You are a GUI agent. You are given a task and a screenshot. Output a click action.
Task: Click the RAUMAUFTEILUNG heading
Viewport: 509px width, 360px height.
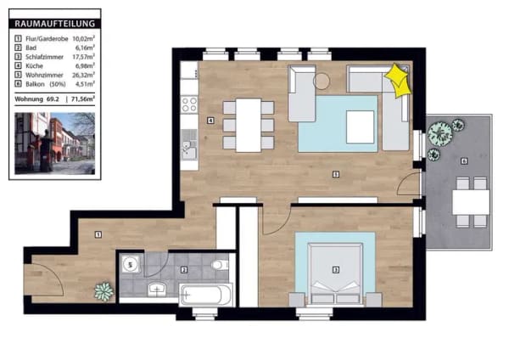point(55,24)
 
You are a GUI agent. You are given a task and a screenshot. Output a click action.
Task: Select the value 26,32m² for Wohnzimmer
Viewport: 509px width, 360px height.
point(83,75)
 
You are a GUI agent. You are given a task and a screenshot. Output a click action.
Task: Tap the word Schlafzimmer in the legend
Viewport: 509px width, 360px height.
point(44,57)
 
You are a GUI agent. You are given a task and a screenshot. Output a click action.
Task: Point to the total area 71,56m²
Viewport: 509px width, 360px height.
point(83,98)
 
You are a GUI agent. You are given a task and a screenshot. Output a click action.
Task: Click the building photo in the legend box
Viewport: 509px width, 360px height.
point(55,143)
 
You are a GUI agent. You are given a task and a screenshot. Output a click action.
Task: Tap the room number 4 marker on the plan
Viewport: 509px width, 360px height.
point(210,121)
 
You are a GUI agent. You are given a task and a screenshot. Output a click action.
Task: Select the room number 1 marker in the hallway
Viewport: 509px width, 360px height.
point(98,234)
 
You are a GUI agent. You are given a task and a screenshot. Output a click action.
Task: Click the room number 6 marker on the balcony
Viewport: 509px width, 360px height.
point(464,160)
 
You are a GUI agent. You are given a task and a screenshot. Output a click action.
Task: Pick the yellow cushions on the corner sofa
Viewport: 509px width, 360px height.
point(397,80)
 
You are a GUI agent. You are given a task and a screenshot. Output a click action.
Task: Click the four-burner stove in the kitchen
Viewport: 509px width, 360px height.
point(189,104)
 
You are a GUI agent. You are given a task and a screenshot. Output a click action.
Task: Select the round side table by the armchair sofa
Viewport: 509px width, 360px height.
point(322,81)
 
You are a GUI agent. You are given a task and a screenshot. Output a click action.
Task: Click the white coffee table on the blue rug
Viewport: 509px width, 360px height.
point(360,127)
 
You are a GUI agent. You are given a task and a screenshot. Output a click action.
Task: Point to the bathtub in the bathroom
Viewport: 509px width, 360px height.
point(206,295)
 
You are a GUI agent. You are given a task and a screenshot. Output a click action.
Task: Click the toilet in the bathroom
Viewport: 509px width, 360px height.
point(220,265)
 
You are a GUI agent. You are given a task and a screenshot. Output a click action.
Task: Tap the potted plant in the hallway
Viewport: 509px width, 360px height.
point(103,291)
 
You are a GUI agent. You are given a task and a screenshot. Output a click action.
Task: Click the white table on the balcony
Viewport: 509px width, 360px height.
point(471,202)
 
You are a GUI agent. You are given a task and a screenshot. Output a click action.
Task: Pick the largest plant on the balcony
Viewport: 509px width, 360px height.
point(439,132)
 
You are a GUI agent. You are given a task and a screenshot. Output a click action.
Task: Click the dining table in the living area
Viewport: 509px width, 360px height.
point(249,125)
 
